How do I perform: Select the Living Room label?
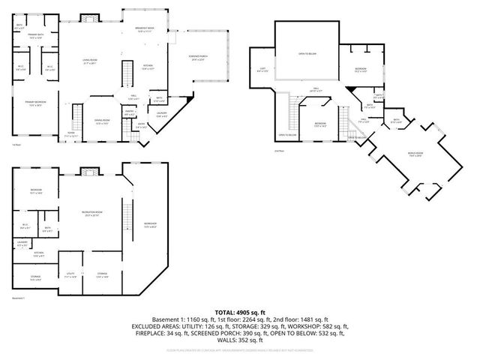pos(91,62)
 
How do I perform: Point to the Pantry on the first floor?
pos(129,113)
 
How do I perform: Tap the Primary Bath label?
pos(36,36)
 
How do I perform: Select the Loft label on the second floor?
pos(262,70)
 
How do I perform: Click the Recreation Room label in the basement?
pos(92,214)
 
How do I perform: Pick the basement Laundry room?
pos(22,243)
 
